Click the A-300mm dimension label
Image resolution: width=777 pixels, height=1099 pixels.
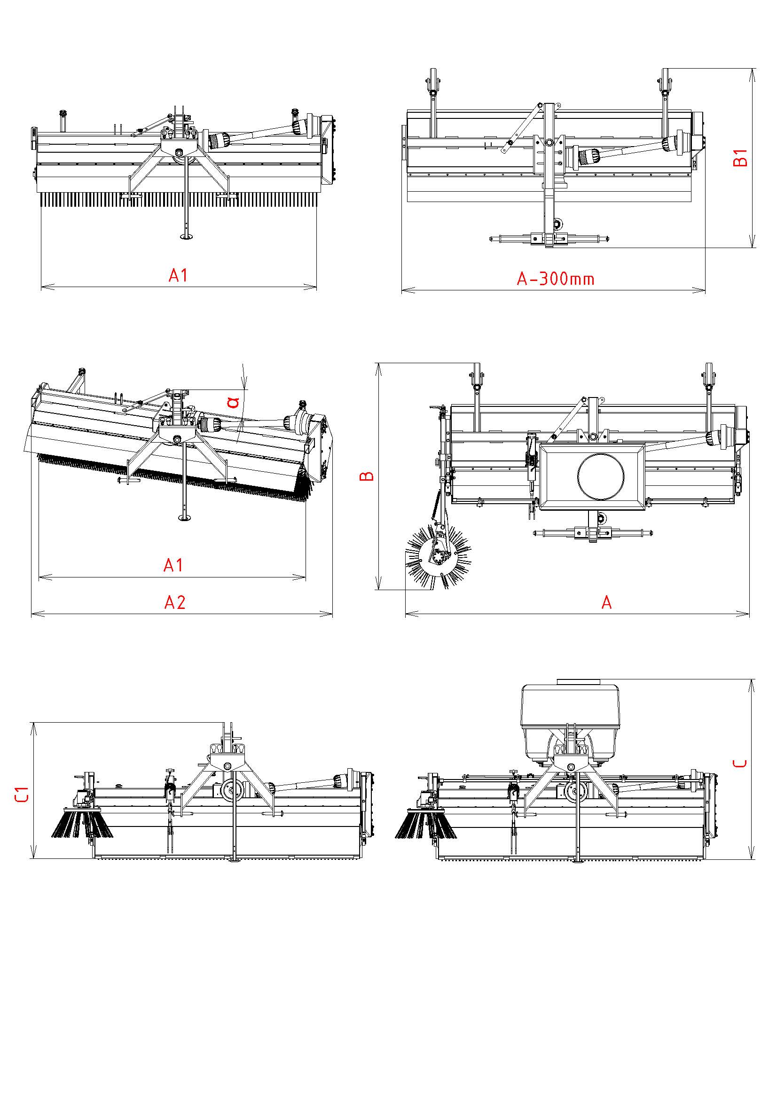tap(555, 278)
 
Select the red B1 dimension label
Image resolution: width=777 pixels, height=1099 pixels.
tap(740, 157)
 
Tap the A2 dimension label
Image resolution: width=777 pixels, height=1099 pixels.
tap(175, 602)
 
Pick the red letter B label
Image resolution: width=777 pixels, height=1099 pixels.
tap(368, 476)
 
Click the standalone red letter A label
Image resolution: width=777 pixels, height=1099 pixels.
tap(606, 602)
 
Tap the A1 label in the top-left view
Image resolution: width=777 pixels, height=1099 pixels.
tap(178, 275)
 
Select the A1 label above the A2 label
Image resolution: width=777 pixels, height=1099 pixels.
tap(173, 566)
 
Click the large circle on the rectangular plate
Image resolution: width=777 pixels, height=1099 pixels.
tap(601, 476)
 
